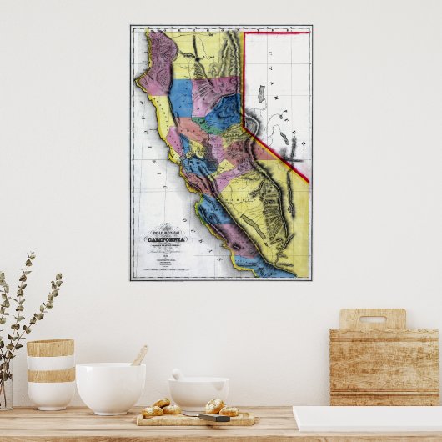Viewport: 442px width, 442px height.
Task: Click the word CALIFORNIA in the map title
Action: point(168,239)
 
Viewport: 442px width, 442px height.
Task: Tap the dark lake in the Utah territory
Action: point(261,94)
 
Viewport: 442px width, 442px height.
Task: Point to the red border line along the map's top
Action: point(275,33)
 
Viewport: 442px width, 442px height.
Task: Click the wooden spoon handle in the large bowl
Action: point(140,355)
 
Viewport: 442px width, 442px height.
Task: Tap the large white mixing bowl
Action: point(110,387)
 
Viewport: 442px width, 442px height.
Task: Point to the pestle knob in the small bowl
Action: point(177,374)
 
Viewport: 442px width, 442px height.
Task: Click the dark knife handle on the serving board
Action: point(214,418)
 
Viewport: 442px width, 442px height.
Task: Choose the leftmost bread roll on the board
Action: point(153,411)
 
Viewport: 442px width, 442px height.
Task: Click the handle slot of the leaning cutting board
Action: point(372,319)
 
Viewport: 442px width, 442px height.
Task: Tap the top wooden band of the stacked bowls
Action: point(50,348)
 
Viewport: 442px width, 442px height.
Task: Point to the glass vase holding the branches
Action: point(5,392)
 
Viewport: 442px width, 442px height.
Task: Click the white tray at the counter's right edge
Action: point(367,419)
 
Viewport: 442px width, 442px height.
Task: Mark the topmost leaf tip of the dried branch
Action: point(32,254)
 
